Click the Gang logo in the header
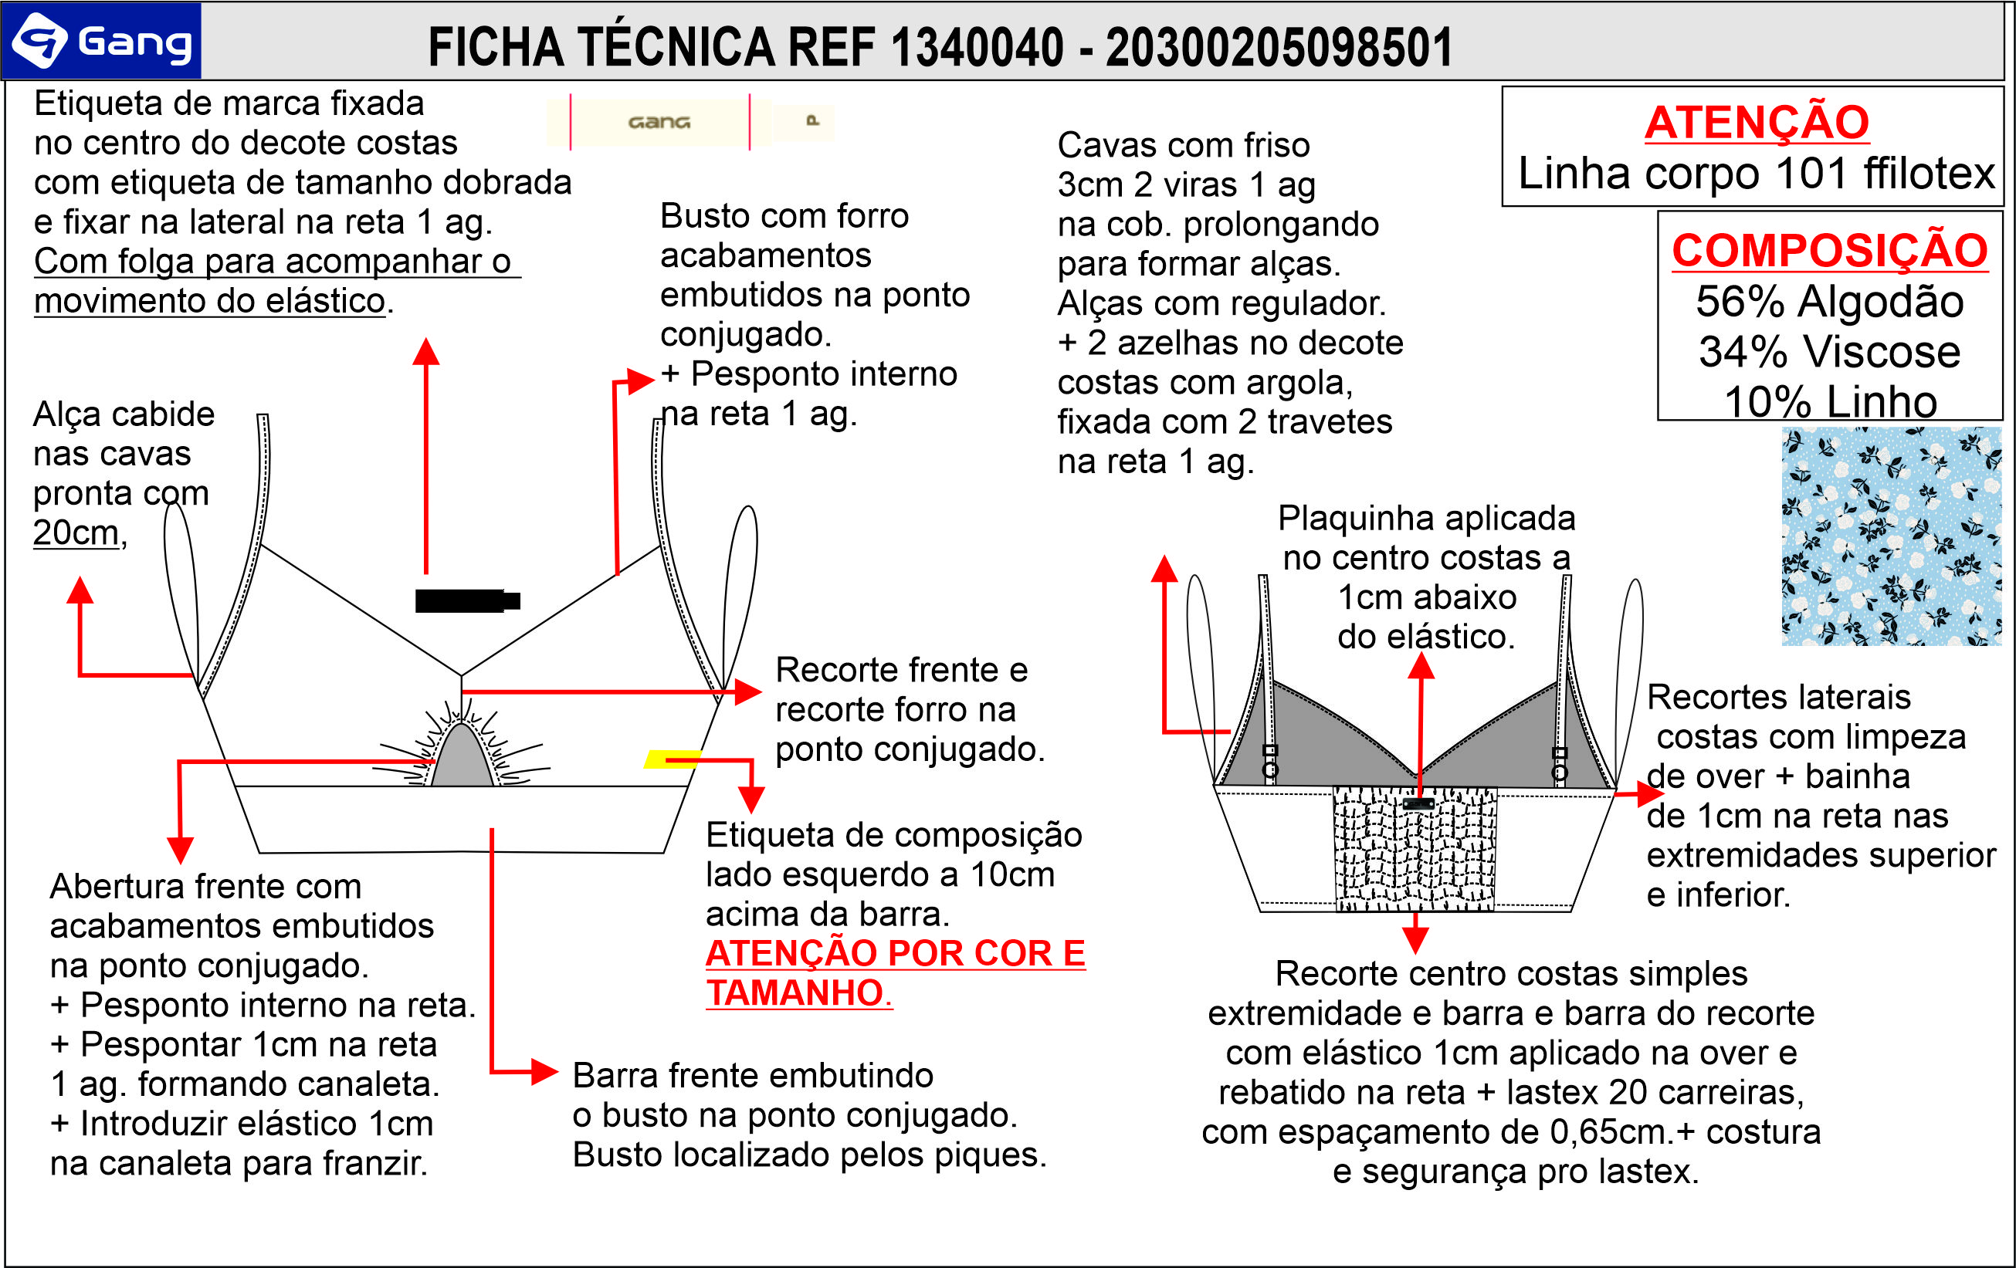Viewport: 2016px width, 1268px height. pyautogui.click(x=102, y=41)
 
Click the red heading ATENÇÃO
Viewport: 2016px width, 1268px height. pyautogui.click(x=1757, y=122)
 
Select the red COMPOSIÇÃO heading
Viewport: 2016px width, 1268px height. pyautogui.click(x=1829, y=249)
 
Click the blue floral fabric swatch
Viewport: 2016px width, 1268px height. pyautogui.click(x=1890, y=536)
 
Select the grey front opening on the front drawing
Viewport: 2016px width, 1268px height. pyautogui.click(x=461, y=757)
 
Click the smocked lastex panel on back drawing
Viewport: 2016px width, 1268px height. pyautogui.click(x=1415, y=850)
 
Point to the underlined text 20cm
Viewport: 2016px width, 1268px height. pyautogui.click(x=76, y=533)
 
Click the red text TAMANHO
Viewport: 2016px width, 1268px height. pyautogui.click(x=795, y=992)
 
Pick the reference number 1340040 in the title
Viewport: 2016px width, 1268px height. pyautogui.click(x=977, y=47)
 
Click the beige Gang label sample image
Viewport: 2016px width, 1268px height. pyautogui.click(x=689, y=122)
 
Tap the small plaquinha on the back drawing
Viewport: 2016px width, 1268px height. pyautogui.click(x=1418, y=803)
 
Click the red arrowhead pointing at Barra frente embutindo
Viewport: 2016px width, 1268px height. pyautogui.click(x=545, y=1071)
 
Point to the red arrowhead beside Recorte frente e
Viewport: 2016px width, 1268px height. pyautogui.click(x=747, y=691)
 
